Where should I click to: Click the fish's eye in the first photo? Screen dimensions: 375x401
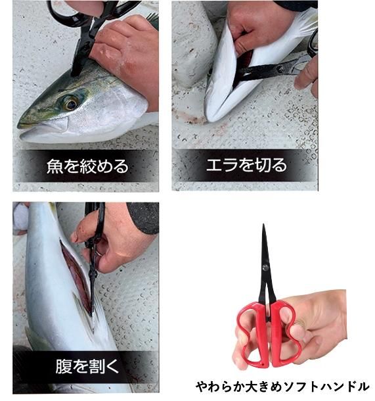(x=71, y=103)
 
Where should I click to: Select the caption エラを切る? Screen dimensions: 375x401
(x=246, y=165)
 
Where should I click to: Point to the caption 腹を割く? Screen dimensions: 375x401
(x=87, y=366)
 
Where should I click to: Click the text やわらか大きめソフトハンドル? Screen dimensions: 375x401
(x=282, y=386)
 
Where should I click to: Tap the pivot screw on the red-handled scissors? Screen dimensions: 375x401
(x=265, y=268)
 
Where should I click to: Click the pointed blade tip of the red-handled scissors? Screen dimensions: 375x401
(x=263, y=225)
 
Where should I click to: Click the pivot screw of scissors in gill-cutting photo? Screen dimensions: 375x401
(x=281, y=68)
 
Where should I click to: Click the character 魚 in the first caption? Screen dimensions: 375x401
(x=55, y=166)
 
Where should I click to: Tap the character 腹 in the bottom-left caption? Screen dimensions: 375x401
(x=63, y=366)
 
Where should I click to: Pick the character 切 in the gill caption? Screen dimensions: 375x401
(x=263, y=165)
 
